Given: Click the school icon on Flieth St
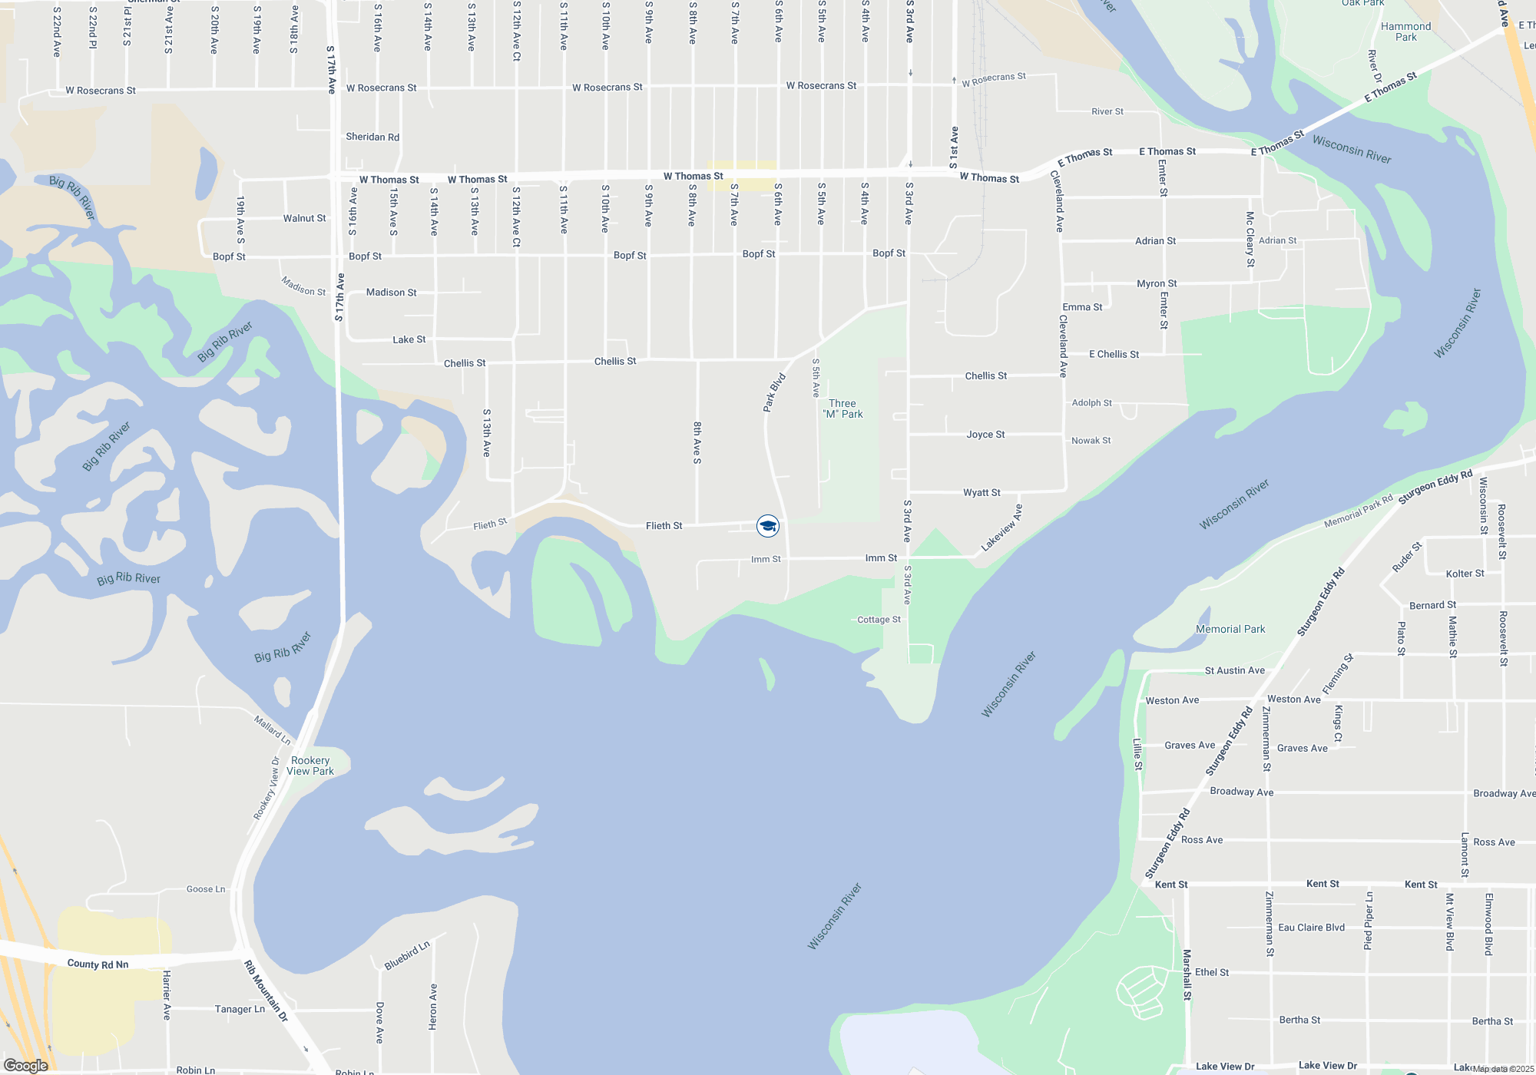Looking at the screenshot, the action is tap(767, 526).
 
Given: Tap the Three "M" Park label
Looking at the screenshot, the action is tap(842, 408).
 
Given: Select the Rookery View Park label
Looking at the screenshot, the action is tap(310, 766).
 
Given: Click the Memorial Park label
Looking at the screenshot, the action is tap(1230, 629).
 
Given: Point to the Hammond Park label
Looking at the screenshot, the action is tap(1405, 31).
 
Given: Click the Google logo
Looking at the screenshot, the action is tap(26, 1065).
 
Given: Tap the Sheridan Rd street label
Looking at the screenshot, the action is tap(372, 137).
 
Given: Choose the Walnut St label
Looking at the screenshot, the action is tap(304, 218).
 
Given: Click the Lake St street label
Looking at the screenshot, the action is tap(409, 339).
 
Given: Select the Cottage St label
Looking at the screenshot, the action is tap(879, 620).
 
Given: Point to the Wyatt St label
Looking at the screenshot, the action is tap(982, 492).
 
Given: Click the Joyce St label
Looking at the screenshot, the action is tap(985, 435).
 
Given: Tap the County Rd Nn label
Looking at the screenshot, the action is tap(98, 964).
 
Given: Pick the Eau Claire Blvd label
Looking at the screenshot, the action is tap(1311, 928).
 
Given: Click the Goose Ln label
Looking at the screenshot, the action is tap(206, 889).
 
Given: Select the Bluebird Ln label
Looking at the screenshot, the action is tap(407, 955).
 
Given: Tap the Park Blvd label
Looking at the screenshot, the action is tap(774, 392).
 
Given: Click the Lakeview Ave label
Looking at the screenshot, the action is tap(1001, 528).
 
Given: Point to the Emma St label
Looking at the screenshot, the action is tap(1082, 307).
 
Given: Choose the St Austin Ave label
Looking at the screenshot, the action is tap(1234, 670).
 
